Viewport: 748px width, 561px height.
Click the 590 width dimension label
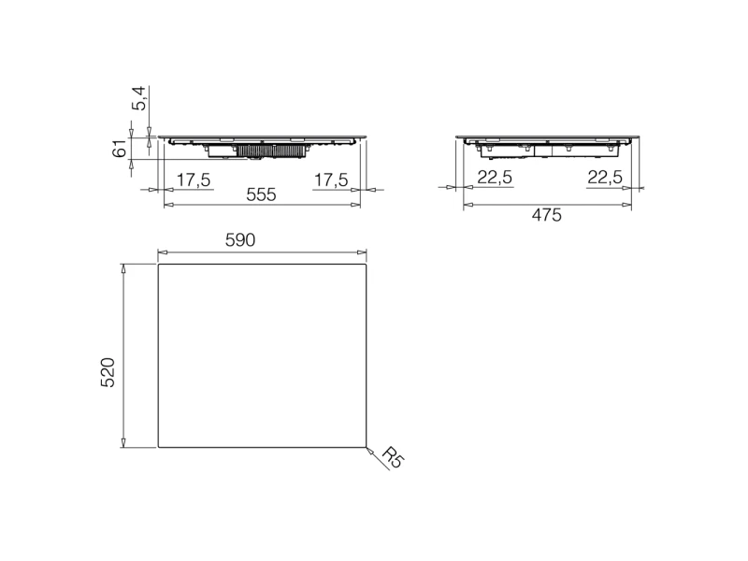point(240,240)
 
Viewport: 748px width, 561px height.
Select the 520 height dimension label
point(108,372)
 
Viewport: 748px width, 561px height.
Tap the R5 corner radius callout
point(394,458)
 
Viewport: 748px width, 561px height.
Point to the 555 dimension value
point(261,194)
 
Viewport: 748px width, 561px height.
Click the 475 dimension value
point(547,216)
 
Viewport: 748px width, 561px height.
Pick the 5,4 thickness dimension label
point(139,98)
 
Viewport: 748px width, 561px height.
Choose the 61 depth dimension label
point(120,149)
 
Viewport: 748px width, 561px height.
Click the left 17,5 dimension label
point(194,180)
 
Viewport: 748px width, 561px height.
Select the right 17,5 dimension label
point(331,180)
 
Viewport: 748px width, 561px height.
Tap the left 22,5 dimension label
point(495,178)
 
